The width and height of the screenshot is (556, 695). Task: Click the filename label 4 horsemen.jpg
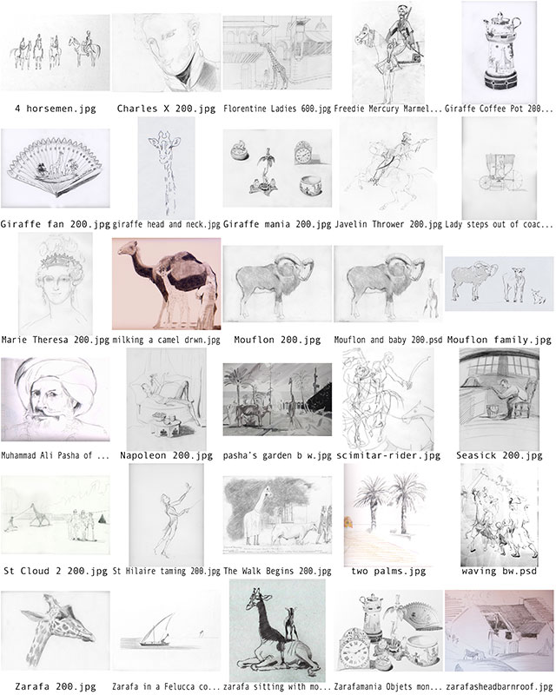[56, 109]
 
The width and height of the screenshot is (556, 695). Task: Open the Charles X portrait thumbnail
[166, 52]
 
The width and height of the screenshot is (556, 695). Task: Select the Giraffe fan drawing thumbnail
[56, 169]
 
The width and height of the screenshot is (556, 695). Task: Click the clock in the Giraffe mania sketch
[303, 153]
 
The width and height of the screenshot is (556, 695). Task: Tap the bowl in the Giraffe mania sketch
[309, 186]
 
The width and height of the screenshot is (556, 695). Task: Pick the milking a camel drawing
[166, 284]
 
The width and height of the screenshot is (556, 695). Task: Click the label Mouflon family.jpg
[500, 340]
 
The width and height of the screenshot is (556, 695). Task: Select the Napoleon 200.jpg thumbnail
[166, 399]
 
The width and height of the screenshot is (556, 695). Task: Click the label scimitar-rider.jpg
[388, 455]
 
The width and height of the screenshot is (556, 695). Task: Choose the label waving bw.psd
[500, 572]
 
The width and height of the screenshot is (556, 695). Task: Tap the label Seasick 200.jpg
[500, 455]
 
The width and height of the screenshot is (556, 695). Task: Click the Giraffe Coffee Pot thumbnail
[500, 52]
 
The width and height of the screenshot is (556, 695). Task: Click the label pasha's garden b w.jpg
[277, 455]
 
